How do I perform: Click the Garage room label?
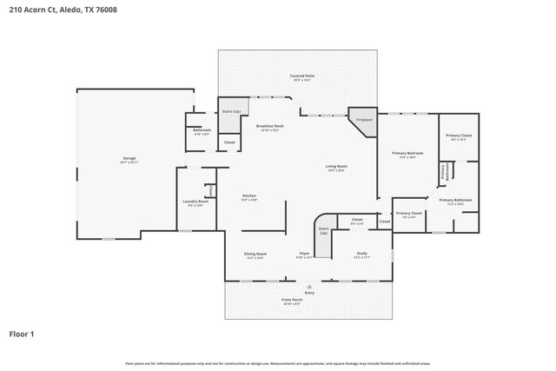click(x=129, y=159)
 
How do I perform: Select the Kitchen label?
click(x=249, y=196)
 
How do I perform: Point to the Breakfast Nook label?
click(x=269, y=127)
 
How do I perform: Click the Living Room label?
click(x=336, y=166)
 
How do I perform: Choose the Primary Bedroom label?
click(x=407, y=153)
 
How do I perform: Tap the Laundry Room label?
click(x=195, y=202)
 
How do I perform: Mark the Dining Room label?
click(x=255, y=254)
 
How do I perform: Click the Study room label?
click(x=361, y=254)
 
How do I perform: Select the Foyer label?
click(x=304, y=254)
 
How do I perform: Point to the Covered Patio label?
click(x=301, y=76)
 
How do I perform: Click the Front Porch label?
click(x=291, y=300)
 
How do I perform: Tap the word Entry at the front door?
click(x=309, y=293)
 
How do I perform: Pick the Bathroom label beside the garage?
click(x=202, y=130)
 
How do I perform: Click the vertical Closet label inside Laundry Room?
click(x=210, y=190)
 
